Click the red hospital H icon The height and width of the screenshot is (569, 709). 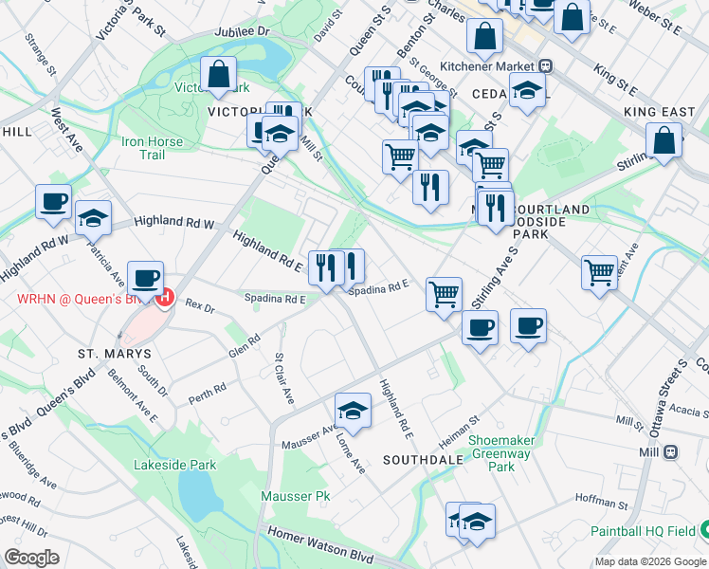165,297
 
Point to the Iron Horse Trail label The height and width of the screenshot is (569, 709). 152,148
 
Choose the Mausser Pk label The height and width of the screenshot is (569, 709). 296,496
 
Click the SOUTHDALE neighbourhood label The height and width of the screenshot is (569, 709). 423,459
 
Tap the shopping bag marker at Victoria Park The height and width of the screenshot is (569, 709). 219,75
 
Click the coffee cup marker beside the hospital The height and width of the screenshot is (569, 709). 145,278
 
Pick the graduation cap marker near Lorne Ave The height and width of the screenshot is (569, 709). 353,410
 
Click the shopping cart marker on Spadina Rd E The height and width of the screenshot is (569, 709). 444,294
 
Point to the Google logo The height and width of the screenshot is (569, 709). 31,558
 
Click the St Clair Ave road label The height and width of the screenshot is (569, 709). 282,377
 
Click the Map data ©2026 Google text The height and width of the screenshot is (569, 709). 649,561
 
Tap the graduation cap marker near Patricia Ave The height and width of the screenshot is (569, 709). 93,218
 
